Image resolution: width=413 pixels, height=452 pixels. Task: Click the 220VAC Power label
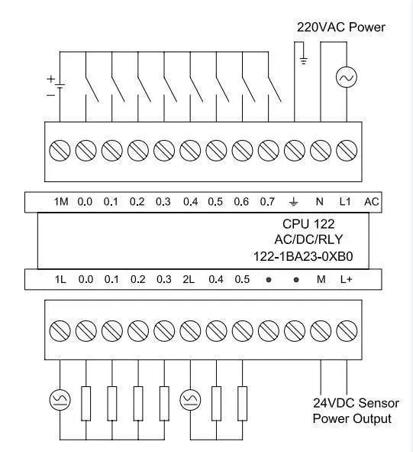pos(340,28)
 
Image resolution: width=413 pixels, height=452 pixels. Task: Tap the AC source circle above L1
pos(347,77)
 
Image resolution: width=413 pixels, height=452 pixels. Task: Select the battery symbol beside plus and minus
pos(60,86)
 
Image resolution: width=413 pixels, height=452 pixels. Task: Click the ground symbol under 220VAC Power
pos(303,61)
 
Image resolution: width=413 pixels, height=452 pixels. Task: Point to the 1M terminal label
pos(61,201)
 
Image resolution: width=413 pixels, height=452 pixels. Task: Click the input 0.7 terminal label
pos(267,201)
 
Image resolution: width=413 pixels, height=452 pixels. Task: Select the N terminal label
pos(319,201)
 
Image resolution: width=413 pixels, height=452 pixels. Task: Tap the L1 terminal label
pos(345,201)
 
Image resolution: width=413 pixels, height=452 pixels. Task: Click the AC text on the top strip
pos(372,201)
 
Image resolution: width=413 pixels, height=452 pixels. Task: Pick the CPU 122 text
pos(308,224)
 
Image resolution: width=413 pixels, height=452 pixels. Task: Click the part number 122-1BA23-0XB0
pos(303,256)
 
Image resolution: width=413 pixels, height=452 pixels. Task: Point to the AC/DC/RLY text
pos(308,239)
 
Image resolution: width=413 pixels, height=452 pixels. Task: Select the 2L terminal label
pos(189,279)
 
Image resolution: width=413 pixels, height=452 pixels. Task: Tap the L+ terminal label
pos(347,279)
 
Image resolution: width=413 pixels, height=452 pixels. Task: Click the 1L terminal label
pos(60,279)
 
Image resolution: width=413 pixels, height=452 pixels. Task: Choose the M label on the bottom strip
pos(321,279)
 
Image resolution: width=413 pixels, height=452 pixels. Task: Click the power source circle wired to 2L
pos(190,399)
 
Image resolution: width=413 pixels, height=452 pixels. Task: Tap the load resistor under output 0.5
pos(242,404)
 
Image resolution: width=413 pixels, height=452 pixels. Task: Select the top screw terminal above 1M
pos(60,151)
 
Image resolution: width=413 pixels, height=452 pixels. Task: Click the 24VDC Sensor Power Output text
pos(356,411)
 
